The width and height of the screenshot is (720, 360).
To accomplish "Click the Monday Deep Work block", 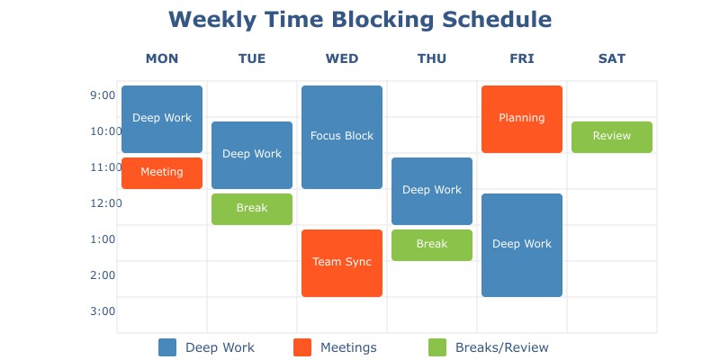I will [162, 119].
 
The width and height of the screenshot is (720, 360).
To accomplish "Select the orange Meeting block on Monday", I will [162, 173].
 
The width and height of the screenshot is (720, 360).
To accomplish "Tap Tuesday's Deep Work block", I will [252, 155].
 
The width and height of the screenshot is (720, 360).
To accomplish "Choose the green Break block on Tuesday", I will [252, 209].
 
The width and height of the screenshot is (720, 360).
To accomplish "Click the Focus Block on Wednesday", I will [342, 137].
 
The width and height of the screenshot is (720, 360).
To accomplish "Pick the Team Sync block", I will [342, 263].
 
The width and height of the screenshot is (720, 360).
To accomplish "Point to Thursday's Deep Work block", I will [432, 191].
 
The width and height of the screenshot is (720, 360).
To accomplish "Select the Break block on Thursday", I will [432, 245].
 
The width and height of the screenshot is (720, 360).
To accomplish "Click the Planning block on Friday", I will [522, 119].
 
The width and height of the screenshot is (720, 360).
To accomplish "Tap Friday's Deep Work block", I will [522, 245].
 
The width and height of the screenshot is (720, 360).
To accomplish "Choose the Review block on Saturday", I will [612, 137].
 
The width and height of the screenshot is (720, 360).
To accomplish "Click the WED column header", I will [342, 59].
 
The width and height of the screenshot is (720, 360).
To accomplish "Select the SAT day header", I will [612, 59].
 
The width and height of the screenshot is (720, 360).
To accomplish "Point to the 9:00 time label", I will [103, 95].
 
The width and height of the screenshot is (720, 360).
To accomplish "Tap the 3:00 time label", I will [103, 311].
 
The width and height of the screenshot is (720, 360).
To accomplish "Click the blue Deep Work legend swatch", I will [167, 347].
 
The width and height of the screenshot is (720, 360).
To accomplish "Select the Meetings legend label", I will [348, 347].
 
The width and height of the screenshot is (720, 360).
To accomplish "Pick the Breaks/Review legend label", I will [501, 347].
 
